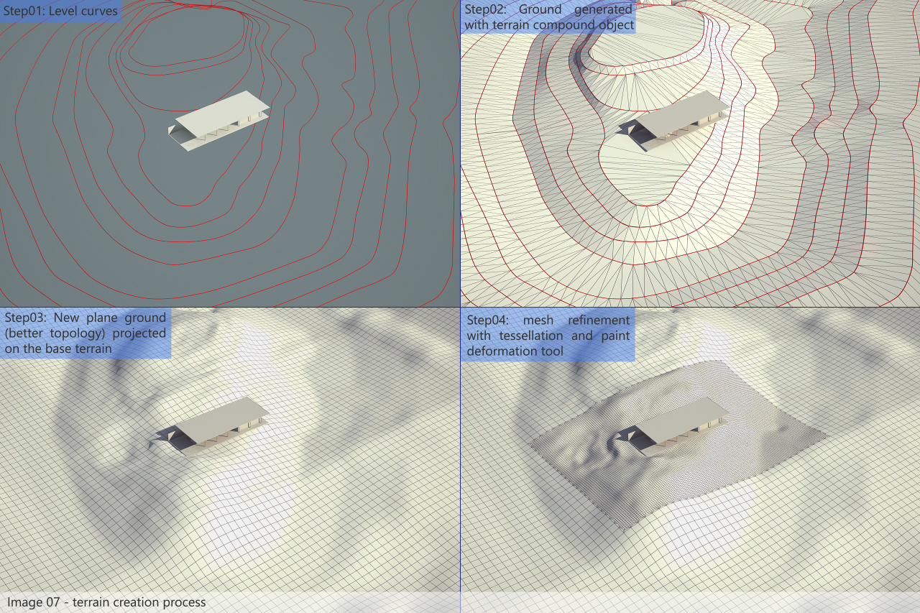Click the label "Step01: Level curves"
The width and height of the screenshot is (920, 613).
click(60, 11)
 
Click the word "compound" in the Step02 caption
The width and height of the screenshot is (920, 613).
click(564, 25)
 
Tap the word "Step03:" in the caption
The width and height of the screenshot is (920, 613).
click(25, 318)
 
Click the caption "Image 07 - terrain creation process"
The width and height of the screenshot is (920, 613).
click(106, 602)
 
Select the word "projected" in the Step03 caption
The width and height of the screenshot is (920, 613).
click(139, 333)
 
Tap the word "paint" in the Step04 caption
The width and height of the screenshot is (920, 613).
click(616, 336)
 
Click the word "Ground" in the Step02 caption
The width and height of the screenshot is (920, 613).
click(540, 9)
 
